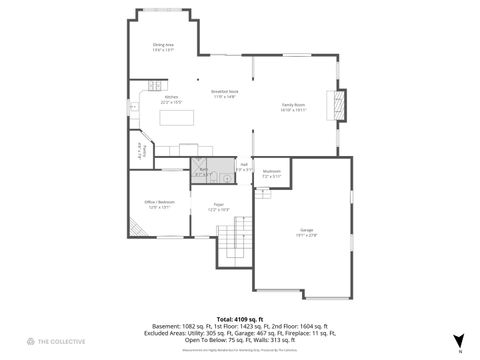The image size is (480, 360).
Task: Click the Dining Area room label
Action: (163, 47)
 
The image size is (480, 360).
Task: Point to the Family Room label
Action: (294, 106)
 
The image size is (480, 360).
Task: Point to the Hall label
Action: (243, 166)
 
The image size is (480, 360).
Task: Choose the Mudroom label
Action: (271, 173)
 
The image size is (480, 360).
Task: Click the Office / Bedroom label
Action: (160, 205)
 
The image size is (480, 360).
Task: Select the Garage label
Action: (307, 232)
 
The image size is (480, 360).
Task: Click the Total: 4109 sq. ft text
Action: (240, 318)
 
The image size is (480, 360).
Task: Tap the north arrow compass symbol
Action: (458, 340)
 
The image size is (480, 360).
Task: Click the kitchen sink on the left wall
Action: (132, 104)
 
